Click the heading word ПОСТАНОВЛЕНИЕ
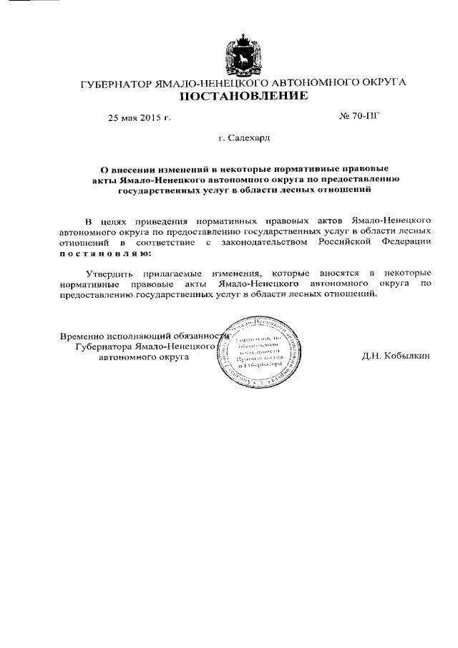coord(243,95)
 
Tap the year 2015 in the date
coord(149,117)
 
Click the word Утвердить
coord(109,274)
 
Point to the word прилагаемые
coord(167,274)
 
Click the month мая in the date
coord(129,117)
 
